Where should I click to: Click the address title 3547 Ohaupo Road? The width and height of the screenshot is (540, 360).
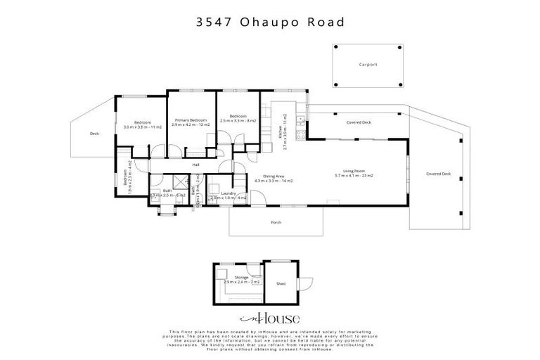pyautogui.click(x=270, y=22)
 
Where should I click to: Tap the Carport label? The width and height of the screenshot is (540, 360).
pyautogui.click(x=368, y=65)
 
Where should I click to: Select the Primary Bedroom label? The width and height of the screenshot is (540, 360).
pyautogui.click(x=191, y=120)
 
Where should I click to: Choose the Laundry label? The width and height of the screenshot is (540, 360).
pyautogui.click(x=228, y=193)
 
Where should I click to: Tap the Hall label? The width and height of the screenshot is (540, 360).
pyautogui.click(x=196, y=165)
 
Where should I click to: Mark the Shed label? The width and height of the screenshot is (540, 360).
pyautogui.click(x=281, y=285)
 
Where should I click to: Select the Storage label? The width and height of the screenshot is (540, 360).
pyautogui.click(x=242, y=278)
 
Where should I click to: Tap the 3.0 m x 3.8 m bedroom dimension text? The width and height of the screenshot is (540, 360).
pyautogui.click(x=143, y=127)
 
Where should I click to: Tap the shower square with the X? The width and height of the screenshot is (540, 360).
pyautogui.click(x=154, y=200)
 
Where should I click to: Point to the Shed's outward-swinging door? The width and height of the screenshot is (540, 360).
pyautogui.click(x=304, y=283)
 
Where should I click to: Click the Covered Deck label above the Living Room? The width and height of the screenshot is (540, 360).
pyautogui.click(x=359, y=122)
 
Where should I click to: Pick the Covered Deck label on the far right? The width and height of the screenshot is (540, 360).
pyautogui.click(x=438, y=174)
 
